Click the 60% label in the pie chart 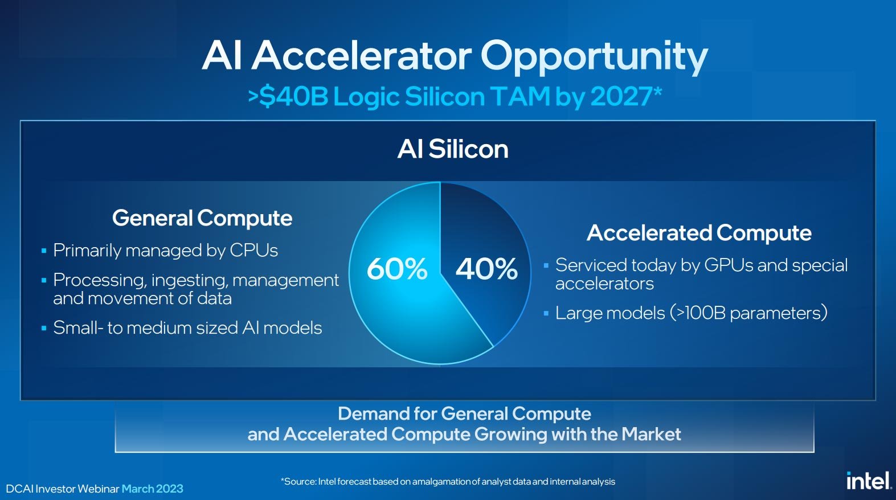pyautogui.click(x=397, y=269)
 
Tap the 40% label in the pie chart pyautogui.click(x=486, y=269)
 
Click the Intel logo pyautogui.click(x=869, y=481)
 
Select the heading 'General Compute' pyautogui.click(x=202, y=219)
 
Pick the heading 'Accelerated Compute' pyautogui.click(x=699, y=233)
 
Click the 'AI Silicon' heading pyautogui.click(x=453, y=149)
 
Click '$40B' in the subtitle pyautogui.click(x=293, y=96)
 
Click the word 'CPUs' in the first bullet pyautogui.click(x=253, y=251)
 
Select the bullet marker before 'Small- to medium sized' pyautogui.click(x=44, y=329)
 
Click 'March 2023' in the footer pyautogui.click(x=153, y=489)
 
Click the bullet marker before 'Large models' pyautogui.click(x=546, y=314)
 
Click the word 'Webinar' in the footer pyautogui.click(x=99, y=489)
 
